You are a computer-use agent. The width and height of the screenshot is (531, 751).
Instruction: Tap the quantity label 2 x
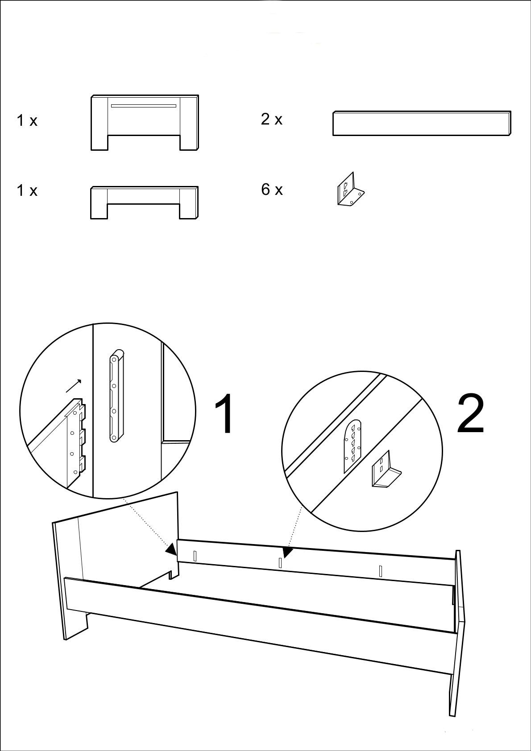click(x=272, y=120)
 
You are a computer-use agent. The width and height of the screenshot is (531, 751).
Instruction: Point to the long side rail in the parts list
click(x=422, y=123)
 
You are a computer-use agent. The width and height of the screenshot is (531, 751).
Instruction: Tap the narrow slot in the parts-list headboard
click(x=144, y=106)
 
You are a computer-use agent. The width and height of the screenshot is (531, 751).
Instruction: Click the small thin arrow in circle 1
click(x=74, y=386)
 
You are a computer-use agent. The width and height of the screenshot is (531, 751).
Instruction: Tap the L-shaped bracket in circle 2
click(x=385, y=469)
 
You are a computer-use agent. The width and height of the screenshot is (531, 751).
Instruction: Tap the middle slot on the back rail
click(x=280, y=563)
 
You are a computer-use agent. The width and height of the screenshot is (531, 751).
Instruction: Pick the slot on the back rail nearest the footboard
click(x=380, y=571)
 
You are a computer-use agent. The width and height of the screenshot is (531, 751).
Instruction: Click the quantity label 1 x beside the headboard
click(x=27, y=121)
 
